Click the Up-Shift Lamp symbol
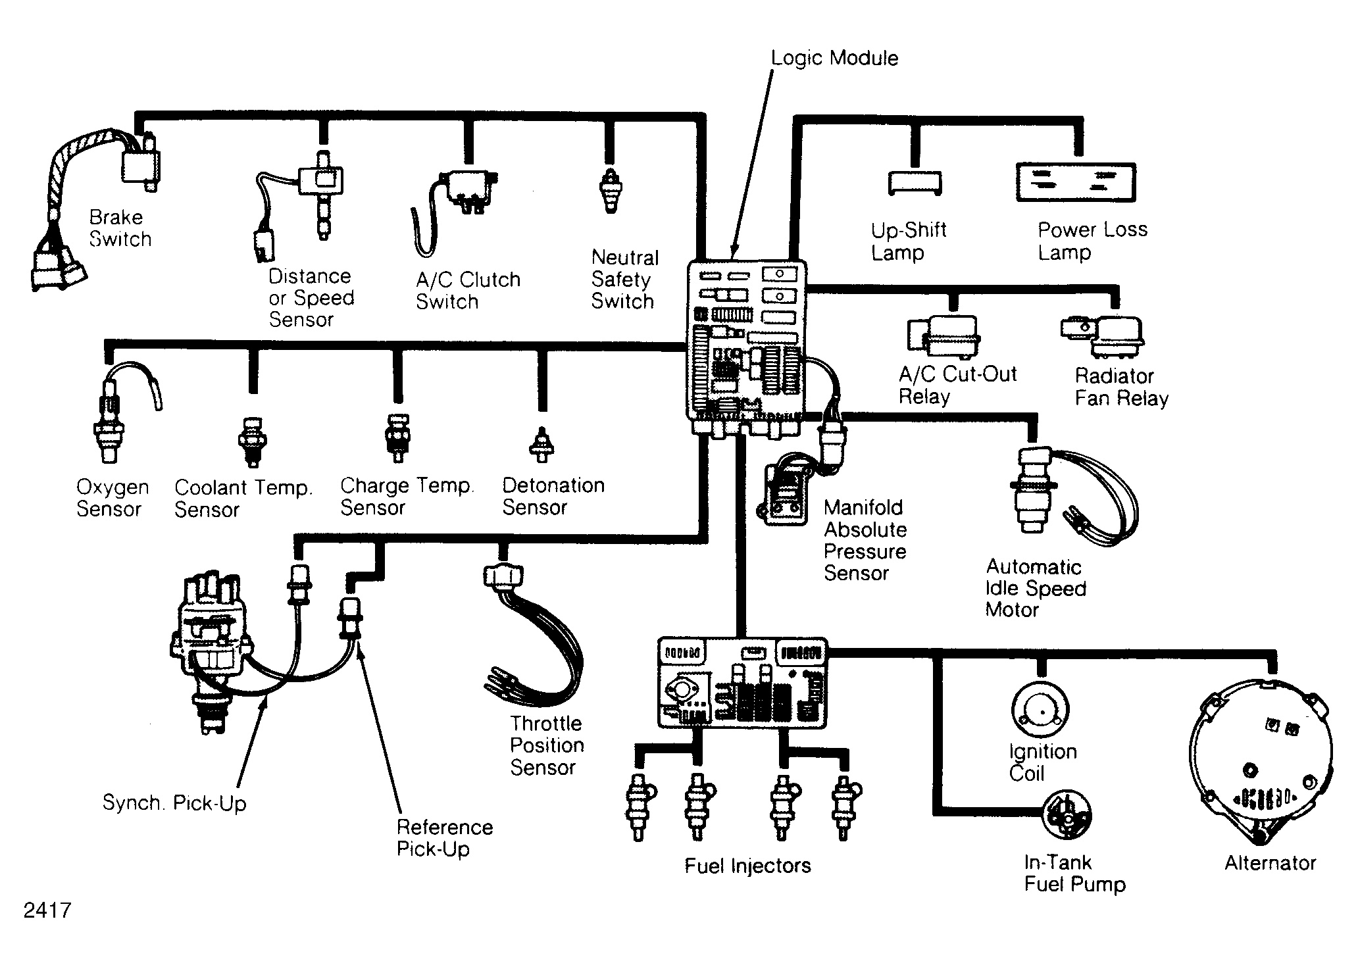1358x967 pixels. click(915, 183)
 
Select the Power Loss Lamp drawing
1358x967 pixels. click(1076, 182)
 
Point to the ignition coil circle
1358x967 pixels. click(1040, 710)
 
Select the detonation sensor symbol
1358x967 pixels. click(541, 443)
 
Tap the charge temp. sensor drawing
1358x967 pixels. click(397, 437)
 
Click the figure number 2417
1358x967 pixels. click(47, 910)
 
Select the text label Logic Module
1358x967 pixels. click(834, 58)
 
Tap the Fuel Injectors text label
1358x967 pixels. click(747, 865)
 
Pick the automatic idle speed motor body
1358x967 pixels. click(1032, 490)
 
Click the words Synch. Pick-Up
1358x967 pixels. click(174, 803)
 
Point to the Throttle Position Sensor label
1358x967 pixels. click(547, 745)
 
